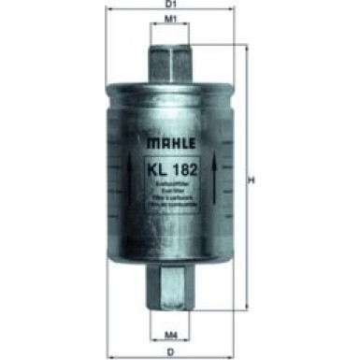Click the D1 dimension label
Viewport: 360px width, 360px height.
172,6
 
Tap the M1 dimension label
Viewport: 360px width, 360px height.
171,19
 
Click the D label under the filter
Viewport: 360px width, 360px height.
171,351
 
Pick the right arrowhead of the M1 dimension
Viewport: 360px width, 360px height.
192,26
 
